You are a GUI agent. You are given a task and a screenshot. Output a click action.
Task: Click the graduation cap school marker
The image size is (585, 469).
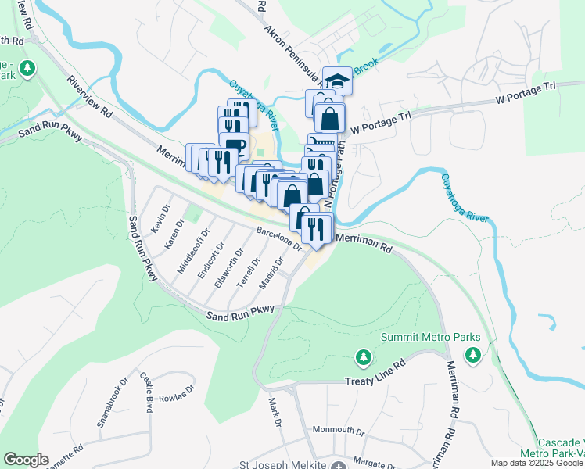[337, 80]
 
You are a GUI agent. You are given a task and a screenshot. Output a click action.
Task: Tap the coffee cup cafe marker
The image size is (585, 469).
[234, 145]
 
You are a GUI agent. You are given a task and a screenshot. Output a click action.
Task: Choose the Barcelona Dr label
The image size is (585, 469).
[278, 238]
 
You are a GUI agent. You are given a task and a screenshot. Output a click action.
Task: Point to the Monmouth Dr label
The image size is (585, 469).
[339, 431]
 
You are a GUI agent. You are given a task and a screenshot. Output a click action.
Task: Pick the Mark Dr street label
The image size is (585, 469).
[275, 413]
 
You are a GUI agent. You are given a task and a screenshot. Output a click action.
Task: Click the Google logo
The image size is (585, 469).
[26, 460]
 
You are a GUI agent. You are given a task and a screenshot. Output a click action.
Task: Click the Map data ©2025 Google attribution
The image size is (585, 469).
[537, 463]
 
